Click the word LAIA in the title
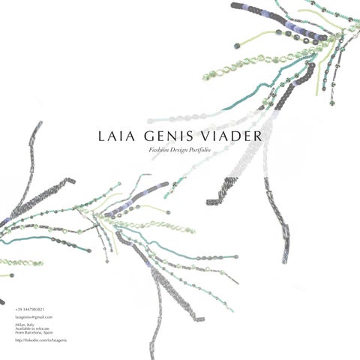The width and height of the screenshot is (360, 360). [115, 136]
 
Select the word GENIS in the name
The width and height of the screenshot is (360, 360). [162, 136]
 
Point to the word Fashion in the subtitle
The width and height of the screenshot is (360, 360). [160, 151]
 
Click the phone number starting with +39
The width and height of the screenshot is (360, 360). [30, 309]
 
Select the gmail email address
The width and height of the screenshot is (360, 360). [34, 317]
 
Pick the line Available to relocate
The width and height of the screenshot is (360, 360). [31, 328]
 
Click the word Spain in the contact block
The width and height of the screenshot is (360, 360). [46, 331]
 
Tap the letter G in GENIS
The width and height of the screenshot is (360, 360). [143, 136]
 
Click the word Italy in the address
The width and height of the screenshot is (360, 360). [31, 324]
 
